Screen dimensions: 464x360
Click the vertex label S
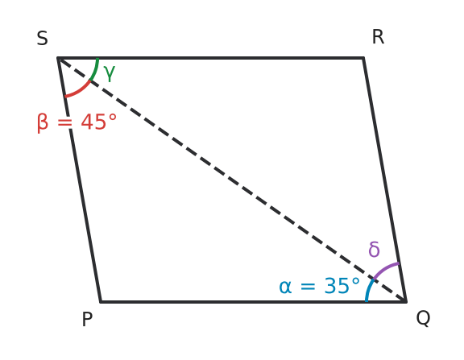[x=43, y=38]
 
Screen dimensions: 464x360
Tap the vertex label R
[x=378, y=37]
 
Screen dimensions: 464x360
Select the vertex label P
[x=87, y=319]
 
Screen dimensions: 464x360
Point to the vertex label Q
[x=423, y=318]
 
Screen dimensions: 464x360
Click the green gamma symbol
[x=110, y=72]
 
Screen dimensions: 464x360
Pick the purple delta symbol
[x=374, y=249]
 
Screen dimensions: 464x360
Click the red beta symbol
[x=43, y=122]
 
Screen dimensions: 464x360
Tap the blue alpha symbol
[x=285, y=287]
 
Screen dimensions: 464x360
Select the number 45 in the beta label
[x=93, y=122]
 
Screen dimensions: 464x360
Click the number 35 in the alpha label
[x=337, y=286]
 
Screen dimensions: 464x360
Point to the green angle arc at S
[x=95, y=70]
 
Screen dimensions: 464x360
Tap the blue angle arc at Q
[x=368, y=290]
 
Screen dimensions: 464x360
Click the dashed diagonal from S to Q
[x=232, y=180]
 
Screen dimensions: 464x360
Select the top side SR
[x=210, y=58]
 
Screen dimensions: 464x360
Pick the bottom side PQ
[x=254, y=302]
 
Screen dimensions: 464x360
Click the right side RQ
[x=385, y=180]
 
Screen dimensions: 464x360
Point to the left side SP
[x=79, y=180]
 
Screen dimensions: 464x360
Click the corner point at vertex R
[x=363, y=58]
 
